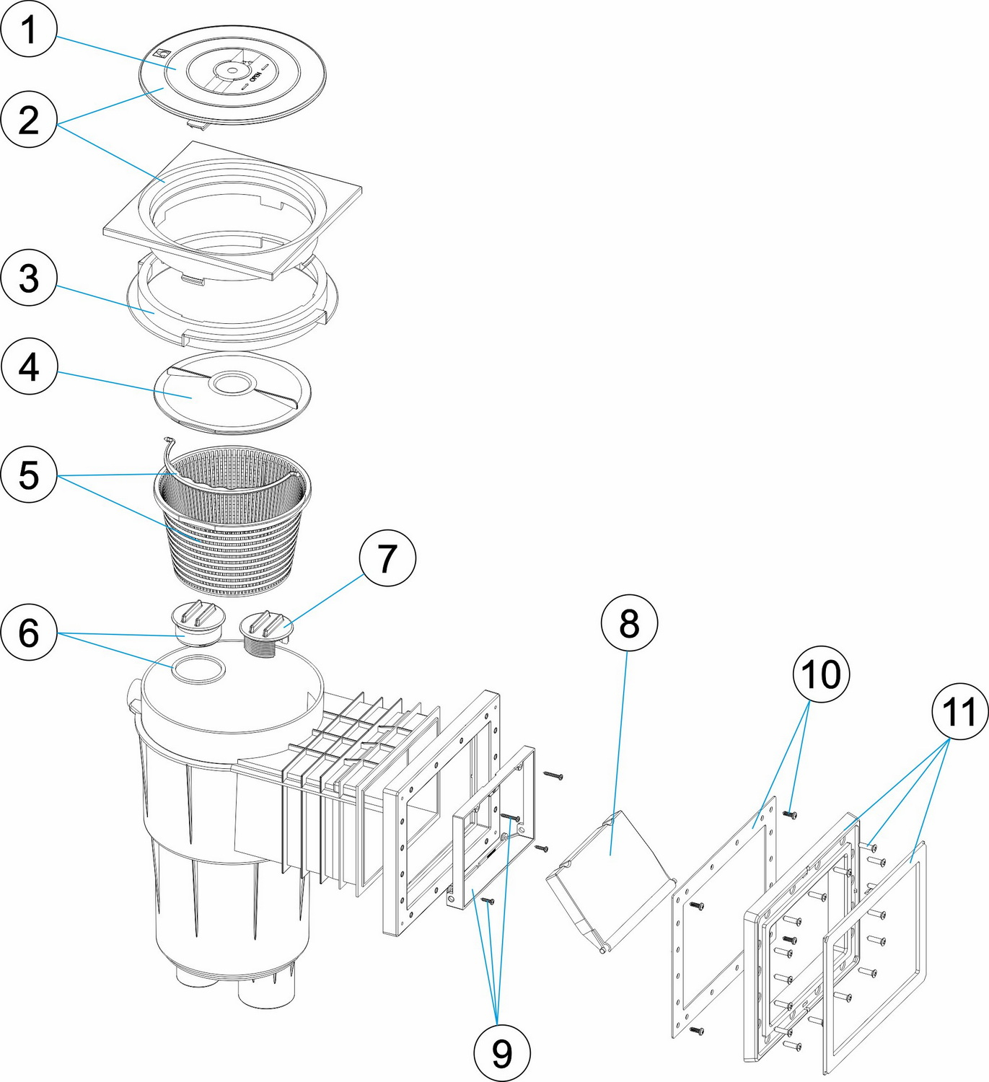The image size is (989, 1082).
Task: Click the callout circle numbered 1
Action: (29, 30)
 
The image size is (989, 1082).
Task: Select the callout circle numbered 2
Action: (29, 120)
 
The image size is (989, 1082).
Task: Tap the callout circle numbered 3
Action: (29, 278)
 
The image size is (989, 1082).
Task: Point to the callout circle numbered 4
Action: (29, 367)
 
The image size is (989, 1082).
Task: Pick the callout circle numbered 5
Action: (29, 475)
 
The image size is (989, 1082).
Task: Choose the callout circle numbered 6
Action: (29, 633)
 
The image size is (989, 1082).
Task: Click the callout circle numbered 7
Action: (387, 558)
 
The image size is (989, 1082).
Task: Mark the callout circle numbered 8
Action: (629, 623)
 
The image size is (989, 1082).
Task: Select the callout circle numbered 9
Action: (502, 1053)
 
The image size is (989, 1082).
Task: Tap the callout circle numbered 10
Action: (821, 674)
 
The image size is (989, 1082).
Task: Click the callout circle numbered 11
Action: (959, 712)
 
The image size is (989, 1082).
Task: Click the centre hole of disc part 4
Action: (232, 383)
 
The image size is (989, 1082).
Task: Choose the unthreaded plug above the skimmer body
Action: (197, 622)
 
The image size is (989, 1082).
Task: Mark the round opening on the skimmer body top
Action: (198, 669)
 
